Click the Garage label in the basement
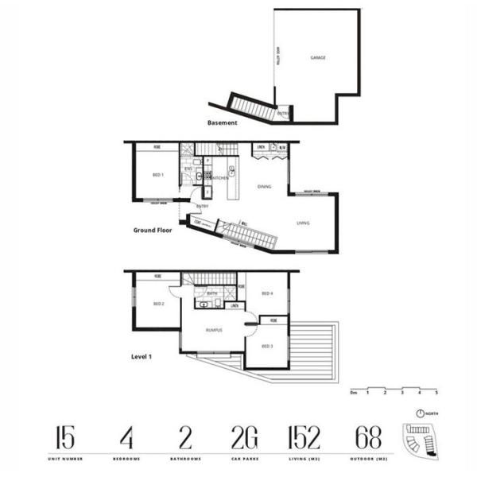coord(318,57)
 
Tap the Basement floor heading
coord(222,123)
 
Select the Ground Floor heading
coord(153,231)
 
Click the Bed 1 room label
coord(157,174)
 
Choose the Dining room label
coord(265,187)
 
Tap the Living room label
coord(303,223)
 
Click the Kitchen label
coord(220,177)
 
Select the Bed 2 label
coord(157,304)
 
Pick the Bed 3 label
coord(268,346)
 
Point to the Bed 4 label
coord(267,294)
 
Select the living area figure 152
coord(304,437)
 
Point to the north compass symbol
coord(421,413)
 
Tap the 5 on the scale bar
coord(436,393)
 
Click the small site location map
coord(420,440)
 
